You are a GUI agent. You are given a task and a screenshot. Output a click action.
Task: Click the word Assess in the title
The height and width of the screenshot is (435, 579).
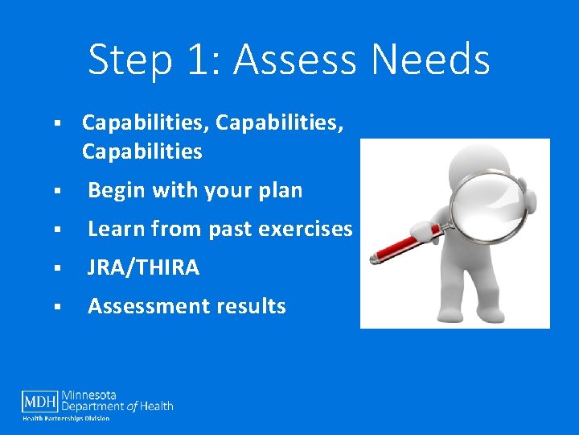pos(283,60)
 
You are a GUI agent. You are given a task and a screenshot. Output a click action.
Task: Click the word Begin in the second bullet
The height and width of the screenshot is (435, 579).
pos(116,191)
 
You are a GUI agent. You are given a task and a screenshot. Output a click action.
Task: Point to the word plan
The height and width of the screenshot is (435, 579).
pos(280,191)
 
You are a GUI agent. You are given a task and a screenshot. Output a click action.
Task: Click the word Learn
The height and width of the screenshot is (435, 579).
pos(116,230)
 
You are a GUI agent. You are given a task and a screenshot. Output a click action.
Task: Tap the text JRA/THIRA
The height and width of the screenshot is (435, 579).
pos(143,268)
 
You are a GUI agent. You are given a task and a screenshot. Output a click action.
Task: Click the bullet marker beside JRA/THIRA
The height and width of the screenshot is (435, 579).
pos(58,268)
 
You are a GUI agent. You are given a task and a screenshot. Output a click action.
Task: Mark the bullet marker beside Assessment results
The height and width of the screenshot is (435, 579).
pos(58,307)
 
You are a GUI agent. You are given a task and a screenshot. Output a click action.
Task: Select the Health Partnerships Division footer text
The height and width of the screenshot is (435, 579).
pos(66,418)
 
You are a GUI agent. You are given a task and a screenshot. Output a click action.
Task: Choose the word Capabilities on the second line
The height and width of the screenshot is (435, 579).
pos(142,151)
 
